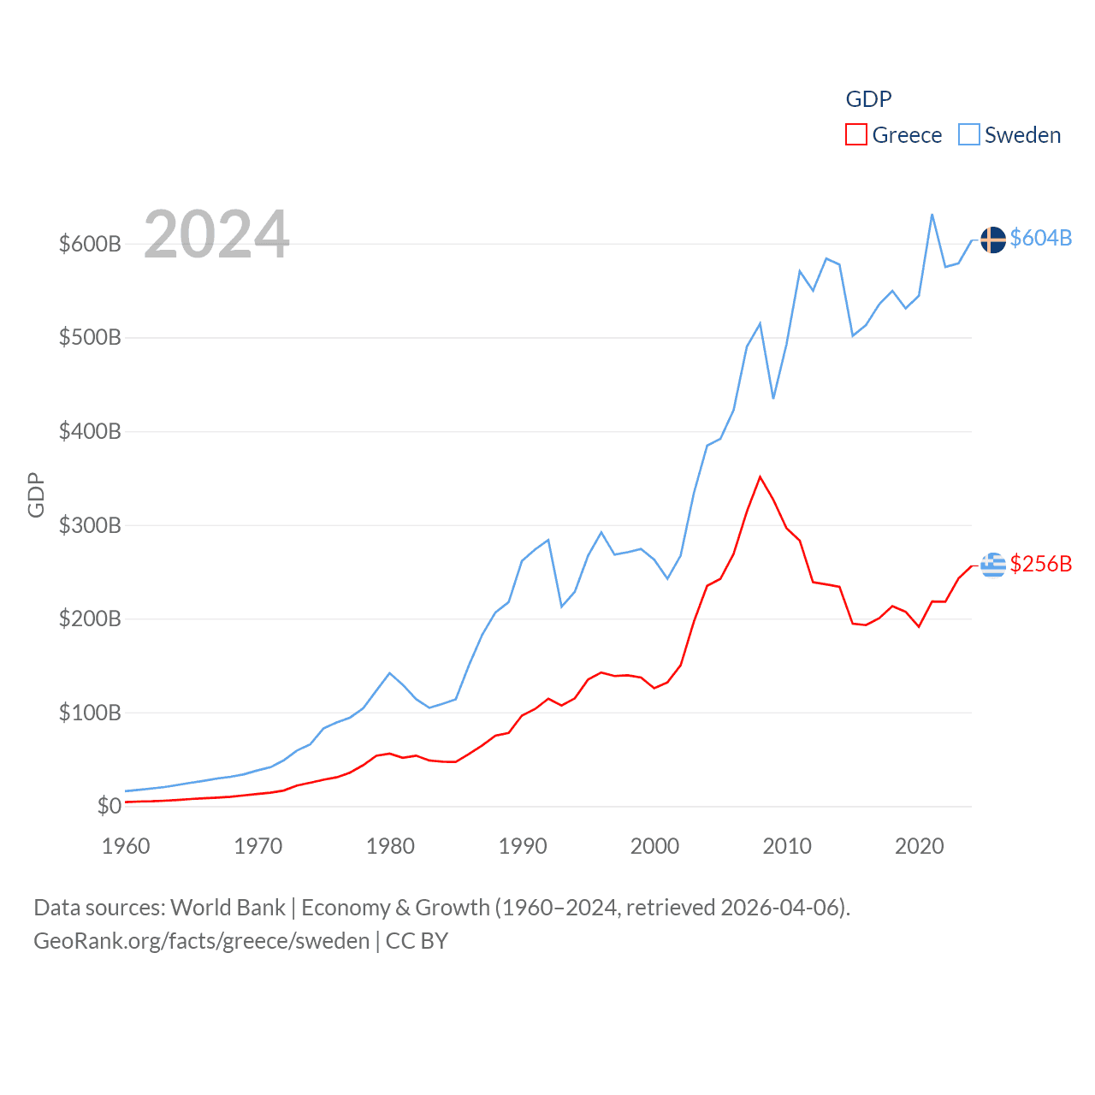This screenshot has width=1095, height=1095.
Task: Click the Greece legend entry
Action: [x=894, y=135]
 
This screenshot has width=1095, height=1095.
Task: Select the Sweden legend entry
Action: [x=1010, y=135]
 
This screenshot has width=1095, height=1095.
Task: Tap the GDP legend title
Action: [x=868, y=99]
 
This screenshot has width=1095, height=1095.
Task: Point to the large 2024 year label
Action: [x=216, y=234]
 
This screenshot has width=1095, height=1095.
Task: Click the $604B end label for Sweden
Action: [x=1040, y=238]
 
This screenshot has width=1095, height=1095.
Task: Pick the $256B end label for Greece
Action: [x=1040, y=564]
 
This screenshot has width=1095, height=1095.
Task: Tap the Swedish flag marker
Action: [x=992, y=240]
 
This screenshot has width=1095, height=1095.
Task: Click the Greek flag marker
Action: [x=992, y=565]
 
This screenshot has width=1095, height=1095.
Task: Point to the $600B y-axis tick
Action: [x=90, y=244]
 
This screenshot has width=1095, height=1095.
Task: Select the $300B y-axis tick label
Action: [x=90, y=525]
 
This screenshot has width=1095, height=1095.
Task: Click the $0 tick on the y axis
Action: [x=109, y=806]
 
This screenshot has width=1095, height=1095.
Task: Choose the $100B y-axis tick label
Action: [x=90, y=713]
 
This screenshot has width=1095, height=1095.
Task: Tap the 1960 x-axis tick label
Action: [x=126, y=846]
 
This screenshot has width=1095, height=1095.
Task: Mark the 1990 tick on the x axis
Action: [x=523, y=846]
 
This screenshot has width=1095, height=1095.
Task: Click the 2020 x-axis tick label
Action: [x=920, y=846]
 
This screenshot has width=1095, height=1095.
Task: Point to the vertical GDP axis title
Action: [x=36, y=494]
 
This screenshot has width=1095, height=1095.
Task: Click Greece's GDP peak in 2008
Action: [x=760, y=476]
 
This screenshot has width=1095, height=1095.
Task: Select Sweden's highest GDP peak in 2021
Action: [x=932, y=214]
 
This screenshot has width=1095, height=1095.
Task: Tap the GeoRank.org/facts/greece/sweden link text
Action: [x=202, y=941]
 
